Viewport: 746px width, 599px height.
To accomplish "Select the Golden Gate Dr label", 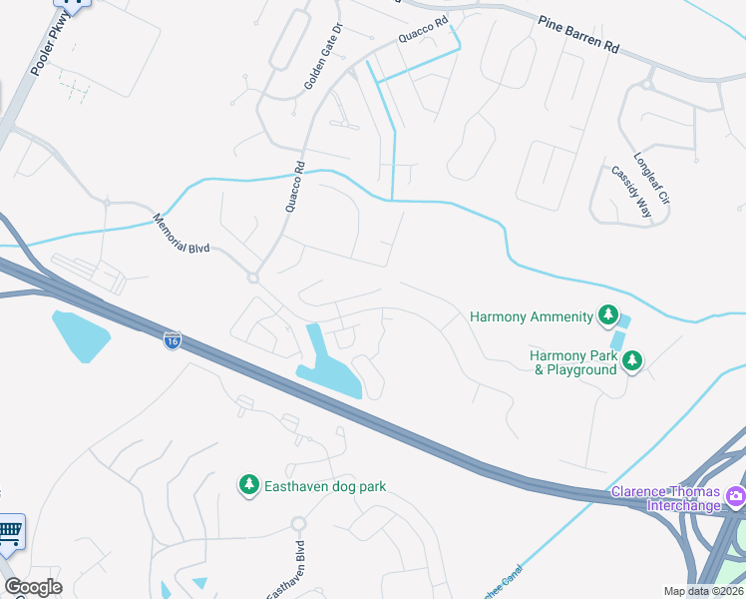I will point(324,57).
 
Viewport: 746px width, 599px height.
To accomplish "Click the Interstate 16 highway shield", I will point(173,340).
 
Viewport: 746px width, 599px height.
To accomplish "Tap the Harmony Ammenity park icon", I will point(607,317).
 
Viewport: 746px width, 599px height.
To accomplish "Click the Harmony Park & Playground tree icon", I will point(632,361).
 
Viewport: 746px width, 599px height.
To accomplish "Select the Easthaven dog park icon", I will point(247,486).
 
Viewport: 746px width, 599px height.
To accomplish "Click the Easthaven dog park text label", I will point(325,486).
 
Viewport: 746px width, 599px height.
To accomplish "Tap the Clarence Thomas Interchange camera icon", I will point(735,495).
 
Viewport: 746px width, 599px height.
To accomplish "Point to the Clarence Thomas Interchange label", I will point(666,499).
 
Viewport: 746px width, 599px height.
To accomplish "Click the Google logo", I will point(33,587).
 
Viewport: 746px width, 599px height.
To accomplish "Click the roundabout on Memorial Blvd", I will point(253,279).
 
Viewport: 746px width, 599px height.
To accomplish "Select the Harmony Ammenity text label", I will point(532,317).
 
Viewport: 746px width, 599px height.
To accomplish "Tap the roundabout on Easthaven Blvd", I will point(297,523).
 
